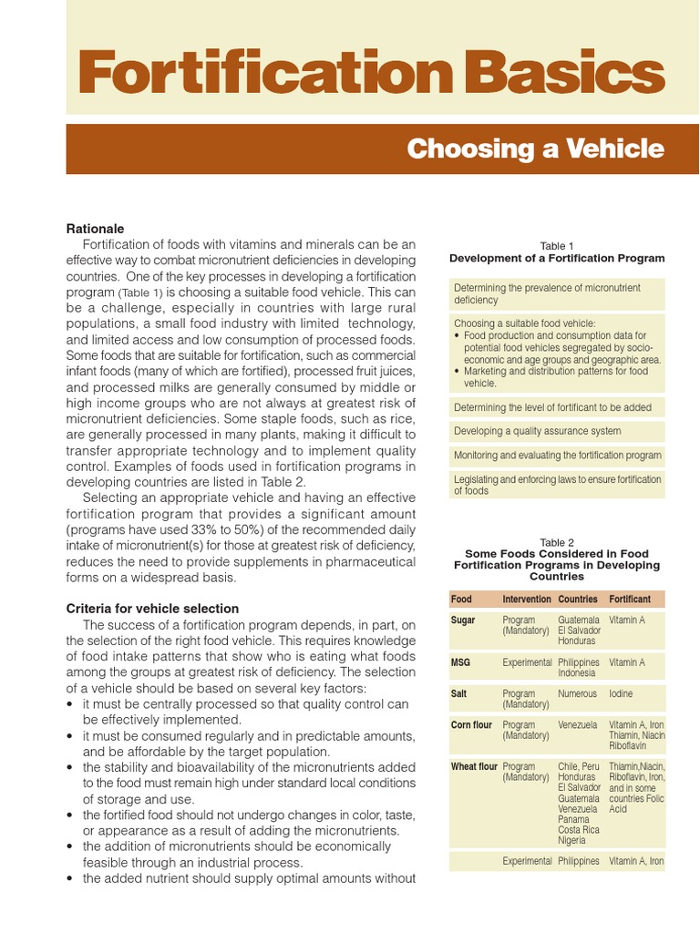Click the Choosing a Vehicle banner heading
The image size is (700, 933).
point(535,149)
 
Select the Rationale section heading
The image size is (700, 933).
point(95,229)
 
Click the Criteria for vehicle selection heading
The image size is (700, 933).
point(152,608)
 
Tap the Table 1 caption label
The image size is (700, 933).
point(557,246)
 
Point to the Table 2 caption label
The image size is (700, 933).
point(557,542)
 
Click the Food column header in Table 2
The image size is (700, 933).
point(461,600)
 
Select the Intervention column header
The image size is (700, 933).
point(526,600)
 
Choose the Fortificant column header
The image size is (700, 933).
point(629,600)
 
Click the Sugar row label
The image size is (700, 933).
point(463,620)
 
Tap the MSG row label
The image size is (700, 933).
point(460,662)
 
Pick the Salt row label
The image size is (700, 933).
point(459,693)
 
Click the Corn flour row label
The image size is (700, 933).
point(472,724)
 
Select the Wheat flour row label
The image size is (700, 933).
point(474,766)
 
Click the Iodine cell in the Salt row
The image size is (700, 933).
point(623,693)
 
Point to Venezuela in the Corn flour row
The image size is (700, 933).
point(578,724)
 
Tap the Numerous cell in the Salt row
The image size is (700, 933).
point(578,693)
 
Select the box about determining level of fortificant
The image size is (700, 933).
point(557,407)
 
